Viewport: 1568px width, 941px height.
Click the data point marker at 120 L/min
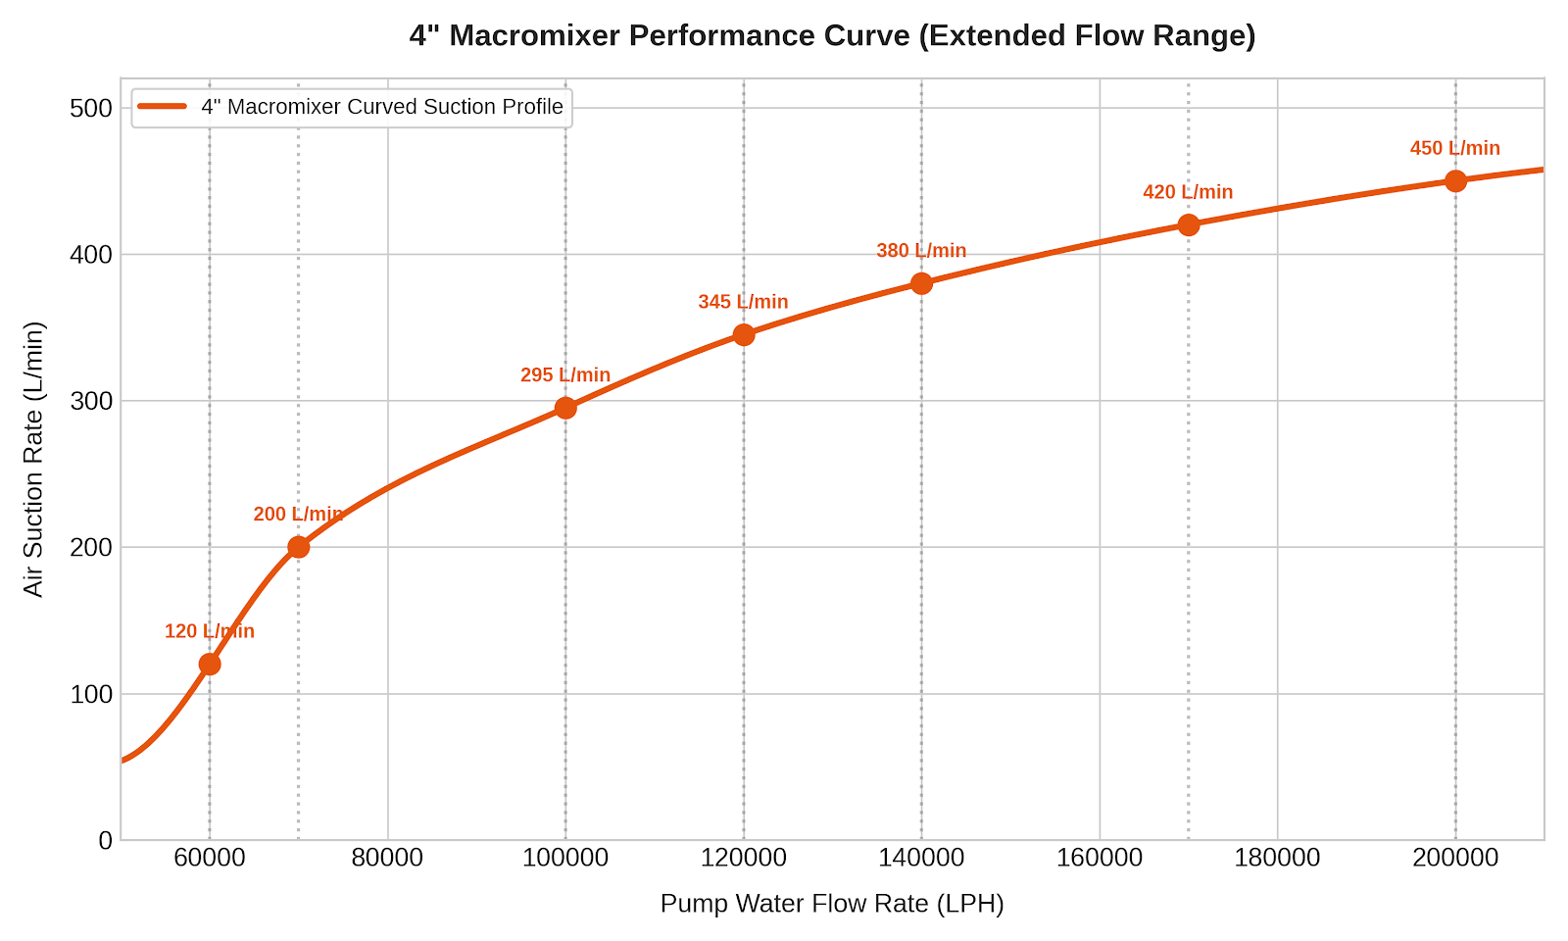click(x=210, y=665)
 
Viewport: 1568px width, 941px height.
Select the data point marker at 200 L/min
click(x=298, y=547)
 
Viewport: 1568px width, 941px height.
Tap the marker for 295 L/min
click(x=565, y=408)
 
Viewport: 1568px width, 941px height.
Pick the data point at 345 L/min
click(x=744, y=334)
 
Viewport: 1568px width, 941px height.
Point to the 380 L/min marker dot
click(x=921, y=283)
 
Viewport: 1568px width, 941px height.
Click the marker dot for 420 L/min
click(x=1188, y=224)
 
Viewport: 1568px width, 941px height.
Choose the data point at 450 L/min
click(x=1455, y=181)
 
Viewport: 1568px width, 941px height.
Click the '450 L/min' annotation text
click(x=1454, y=148)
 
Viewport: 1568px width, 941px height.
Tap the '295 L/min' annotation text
click(x=564, y=375)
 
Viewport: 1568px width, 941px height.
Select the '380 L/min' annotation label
click(x=921, y=251)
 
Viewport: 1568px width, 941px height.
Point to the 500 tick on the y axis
click(x=91, y=109)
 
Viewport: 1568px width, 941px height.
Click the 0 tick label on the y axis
click(x=106, y=840)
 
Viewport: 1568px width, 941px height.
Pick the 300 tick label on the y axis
click(x=91, y=401)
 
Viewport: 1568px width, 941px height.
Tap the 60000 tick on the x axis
click(x=210, y=858)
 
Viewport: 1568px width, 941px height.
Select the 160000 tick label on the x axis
click(x=1099, y=858)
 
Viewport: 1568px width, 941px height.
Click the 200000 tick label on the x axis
click(x=1455, y=858)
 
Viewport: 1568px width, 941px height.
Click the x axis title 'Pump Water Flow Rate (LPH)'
click(x=832, y=904)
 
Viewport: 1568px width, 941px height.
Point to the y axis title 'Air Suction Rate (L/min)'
click(x=33, y=460)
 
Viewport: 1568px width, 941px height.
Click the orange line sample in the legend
click(x=163, y=107)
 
